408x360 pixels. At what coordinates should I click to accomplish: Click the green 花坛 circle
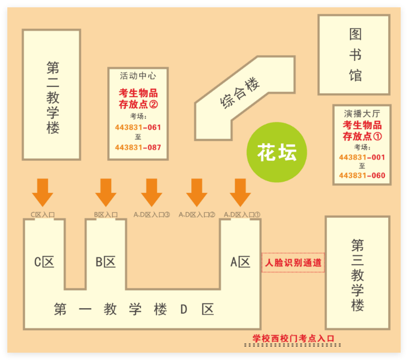tap(277, 152)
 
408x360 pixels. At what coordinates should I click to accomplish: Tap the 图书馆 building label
tap(355, 55)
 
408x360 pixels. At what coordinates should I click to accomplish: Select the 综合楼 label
tap(240, 93)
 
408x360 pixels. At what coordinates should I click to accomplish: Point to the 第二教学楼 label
tap(53, 98)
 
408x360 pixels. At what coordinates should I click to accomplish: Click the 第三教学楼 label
tap(358, 275)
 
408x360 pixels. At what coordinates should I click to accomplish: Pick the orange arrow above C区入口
tap(43, 192)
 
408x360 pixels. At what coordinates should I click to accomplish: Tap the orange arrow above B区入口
tap(106, 192)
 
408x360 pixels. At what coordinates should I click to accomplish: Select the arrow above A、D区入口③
tap(152, 192)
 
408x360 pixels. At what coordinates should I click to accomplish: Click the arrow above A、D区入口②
tap(197, 192)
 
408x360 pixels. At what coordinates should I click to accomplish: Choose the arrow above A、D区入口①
tap(240, 192)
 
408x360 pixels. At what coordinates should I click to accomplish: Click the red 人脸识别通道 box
tap(293, 262)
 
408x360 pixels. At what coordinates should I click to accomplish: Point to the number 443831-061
tap(138, 128)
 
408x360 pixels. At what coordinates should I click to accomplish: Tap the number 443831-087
tap(138, 147)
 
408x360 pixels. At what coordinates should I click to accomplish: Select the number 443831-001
tap(362, 157)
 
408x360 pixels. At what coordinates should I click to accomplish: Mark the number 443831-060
tap(362, 175)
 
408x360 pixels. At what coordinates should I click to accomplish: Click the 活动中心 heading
tap(138, 76)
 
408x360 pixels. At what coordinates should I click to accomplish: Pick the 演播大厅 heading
tap(362, 113)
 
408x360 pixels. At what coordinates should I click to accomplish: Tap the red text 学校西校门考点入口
tap(293, 339)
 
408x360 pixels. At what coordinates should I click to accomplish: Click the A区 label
tap(240, 262)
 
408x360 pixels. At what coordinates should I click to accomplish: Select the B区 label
tap(106, 262)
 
